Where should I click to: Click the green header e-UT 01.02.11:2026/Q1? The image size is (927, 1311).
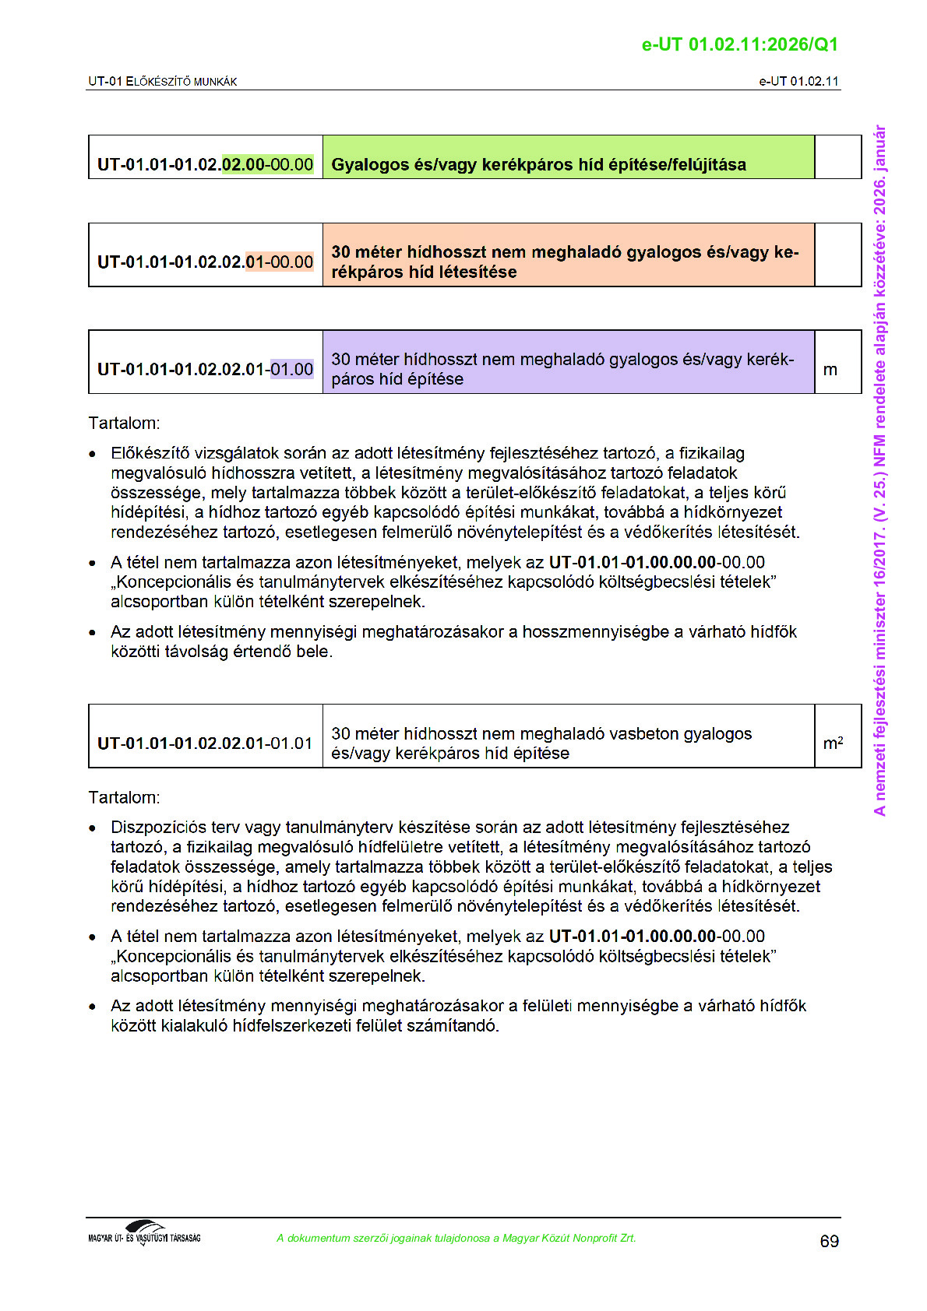(x=739, y=44)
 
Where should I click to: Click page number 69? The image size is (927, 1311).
(x=829, y=1241)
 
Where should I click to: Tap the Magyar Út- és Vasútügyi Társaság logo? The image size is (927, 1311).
(x=144, y=1233)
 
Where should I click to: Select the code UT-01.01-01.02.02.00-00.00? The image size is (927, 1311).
(x=205, y=164)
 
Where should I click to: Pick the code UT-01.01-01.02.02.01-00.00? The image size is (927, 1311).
(x=205, y=262)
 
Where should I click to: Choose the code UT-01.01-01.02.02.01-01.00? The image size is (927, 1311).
(x=205, y=369)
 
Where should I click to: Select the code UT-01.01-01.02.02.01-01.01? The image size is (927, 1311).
(x=205, y=743)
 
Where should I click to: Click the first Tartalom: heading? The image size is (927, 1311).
(x=124, y=424)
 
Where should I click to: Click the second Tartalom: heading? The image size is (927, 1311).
(x=124, y=797)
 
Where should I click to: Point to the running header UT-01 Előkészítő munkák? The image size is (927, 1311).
(x=162, y=82)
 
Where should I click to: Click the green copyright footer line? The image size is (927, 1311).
(x=456, y=1238)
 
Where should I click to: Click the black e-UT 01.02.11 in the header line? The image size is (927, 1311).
(x=798, y=81)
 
